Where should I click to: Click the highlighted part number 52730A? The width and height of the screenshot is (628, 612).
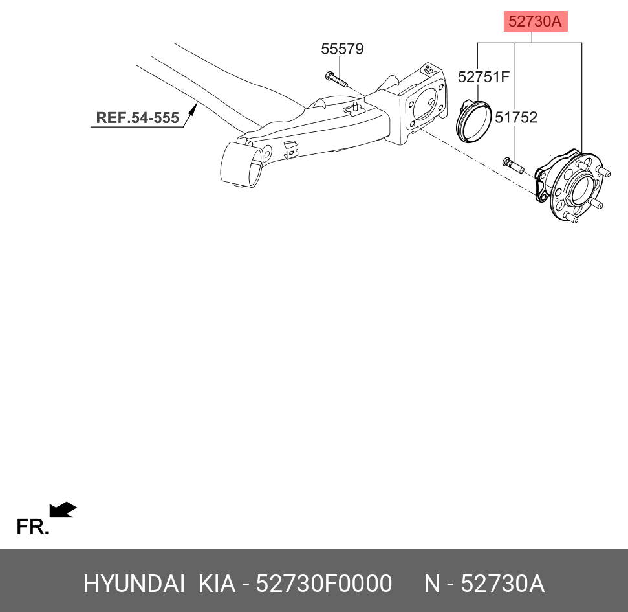point(535,21)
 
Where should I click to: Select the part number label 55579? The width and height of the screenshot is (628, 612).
point(342,49)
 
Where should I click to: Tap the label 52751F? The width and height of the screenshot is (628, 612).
point(484,76)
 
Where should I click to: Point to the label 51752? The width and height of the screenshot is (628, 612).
point(516,117)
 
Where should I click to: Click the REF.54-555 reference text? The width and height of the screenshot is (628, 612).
point(137,118)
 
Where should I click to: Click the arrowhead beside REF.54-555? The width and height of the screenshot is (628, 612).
point(191,112)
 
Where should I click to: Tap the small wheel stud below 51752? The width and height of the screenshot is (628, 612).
point(512,164)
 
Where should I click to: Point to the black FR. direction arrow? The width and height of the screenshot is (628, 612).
point(63,510)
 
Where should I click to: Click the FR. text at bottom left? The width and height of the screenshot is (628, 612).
point(32,527)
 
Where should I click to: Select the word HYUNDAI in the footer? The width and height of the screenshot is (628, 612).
point(134,584)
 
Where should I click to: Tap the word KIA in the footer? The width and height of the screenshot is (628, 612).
point(217,584)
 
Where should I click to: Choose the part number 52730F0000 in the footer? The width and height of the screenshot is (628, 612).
point(324,584)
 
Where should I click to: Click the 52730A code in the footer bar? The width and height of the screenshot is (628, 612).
point(502,584)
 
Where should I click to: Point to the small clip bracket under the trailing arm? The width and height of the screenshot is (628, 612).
point(290,148)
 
